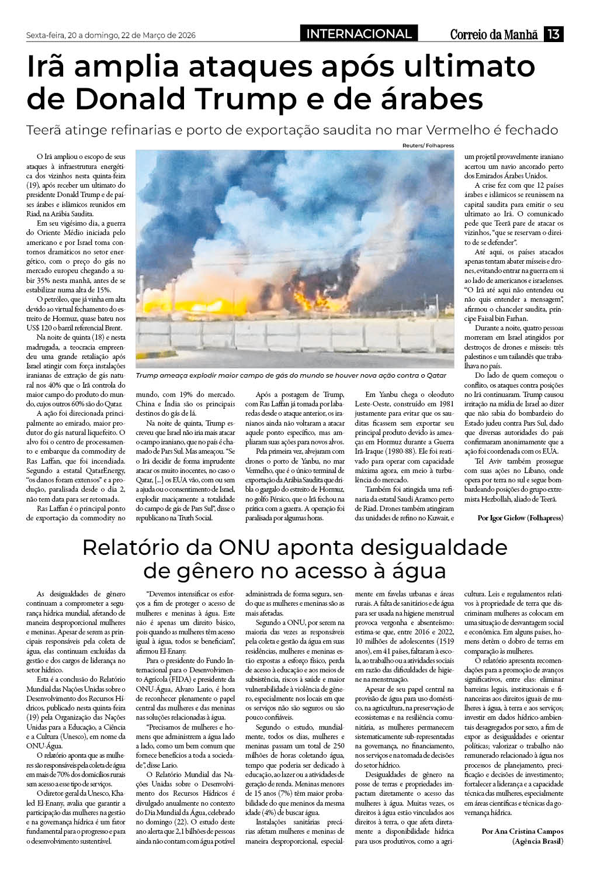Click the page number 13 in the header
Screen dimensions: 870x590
[554, 34]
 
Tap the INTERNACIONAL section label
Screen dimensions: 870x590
[359, 34]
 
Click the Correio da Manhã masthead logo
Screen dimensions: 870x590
[494, 34]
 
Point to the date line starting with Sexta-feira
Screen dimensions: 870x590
[111, 35]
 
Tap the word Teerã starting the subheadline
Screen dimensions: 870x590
[46, 130]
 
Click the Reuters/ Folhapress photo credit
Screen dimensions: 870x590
[428, 146]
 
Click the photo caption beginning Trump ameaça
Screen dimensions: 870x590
[290, 375]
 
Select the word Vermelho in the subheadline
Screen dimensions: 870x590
[445, 130]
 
